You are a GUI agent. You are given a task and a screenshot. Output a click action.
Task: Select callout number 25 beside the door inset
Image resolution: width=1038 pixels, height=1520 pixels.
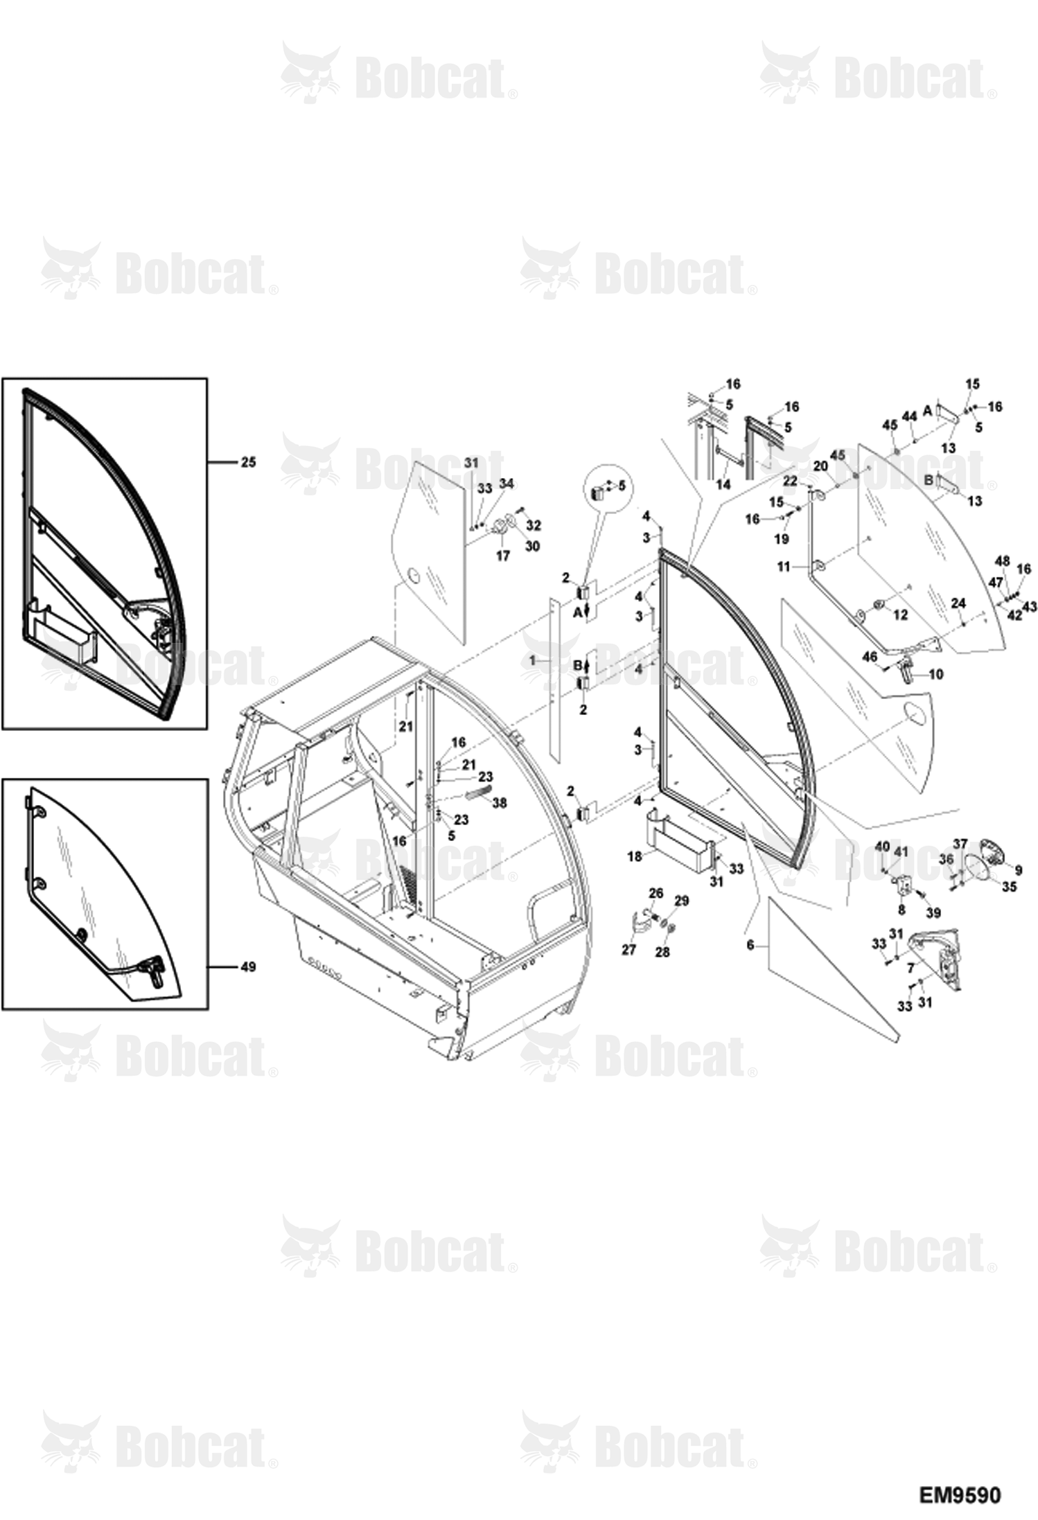(x=247, y=461)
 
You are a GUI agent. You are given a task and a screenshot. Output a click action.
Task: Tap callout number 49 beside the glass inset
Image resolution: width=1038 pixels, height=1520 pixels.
(x=247, y=966)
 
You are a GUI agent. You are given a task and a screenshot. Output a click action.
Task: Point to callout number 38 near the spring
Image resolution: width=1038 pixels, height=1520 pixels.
(x=498, y=802)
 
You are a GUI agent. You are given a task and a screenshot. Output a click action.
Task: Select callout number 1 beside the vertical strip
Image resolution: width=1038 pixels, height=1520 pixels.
(x=532, y=661)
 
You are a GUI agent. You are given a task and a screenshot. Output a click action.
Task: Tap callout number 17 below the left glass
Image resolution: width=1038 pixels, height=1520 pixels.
(x=502, y=556)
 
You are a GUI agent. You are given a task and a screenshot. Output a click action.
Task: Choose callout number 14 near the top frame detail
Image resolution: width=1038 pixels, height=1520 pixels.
(x=723, y=485)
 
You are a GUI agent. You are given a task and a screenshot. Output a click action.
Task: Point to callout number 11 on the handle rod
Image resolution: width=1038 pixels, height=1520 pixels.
(x=784, y=567)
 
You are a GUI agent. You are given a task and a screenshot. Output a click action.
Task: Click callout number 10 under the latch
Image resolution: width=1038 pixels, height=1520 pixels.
(x=935, y=673)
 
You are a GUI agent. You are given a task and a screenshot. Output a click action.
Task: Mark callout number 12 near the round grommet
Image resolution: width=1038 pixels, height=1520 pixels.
(x=900, y=615)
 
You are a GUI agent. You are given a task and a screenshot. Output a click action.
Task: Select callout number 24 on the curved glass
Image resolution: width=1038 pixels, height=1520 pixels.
(x=958, y=603)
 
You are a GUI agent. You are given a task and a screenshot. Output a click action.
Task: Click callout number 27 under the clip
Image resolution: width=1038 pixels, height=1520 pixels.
(x=628, y=949)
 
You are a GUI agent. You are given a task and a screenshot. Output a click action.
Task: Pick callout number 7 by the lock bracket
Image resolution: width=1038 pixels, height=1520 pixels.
(x=911, y=969)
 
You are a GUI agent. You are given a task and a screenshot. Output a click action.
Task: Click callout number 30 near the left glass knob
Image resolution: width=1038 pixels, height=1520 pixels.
(x=531, y=546)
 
